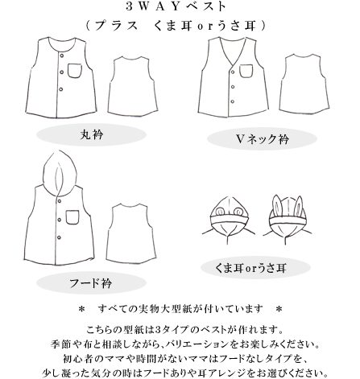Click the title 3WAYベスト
coord(179,9)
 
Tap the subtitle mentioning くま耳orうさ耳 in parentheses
coord(179,26)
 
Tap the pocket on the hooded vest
coord(74,217)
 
